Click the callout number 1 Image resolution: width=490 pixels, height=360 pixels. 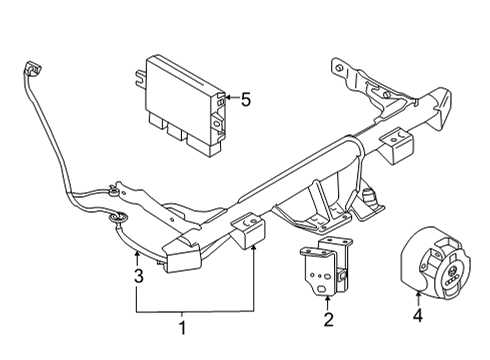click(x=182, y=328)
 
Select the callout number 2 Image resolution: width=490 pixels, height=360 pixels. click(x=328, y=319)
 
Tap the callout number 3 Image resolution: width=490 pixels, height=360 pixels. click(x=139, y=276)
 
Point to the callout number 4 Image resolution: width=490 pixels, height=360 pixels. click(x=418, y=315)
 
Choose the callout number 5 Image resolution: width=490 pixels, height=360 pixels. click(x=246, y=100)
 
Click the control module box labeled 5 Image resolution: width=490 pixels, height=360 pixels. click(x=183, y=106)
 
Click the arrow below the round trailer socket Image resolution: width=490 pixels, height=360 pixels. click(x=418, y=298)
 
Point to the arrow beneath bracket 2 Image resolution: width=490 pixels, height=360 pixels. click(x=328, y=303)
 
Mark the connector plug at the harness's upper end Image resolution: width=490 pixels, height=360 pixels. click(x=33, y=69)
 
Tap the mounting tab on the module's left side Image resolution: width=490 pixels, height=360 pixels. click(x=140, y=78)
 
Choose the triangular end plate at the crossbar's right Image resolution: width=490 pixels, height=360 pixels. click(x=440, y=109)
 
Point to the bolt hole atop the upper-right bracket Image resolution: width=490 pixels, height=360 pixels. click(x=339, y=68)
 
